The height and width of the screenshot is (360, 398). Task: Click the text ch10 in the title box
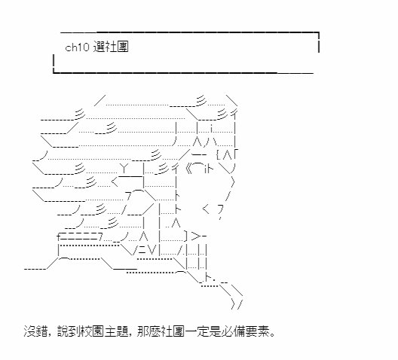77,47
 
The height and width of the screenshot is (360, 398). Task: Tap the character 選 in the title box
99,47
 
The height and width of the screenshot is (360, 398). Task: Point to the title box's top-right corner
319,32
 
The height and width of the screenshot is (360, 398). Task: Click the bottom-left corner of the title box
54,73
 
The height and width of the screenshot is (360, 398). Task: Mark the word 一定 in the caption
196,331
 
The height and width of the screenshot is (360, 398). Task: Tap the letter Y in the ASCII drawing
124,168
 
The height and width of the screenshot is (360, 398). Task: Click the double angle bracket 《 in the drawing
190,168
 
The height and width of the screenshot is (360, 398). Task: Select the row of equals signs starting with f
80,236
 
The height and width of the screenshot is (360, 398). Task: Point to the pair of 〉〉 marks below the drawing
237,304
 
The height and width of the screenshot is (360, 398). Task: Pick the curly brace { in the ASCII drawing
219,154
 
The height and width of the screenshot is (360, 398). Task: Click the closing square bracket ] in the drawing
186,236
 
